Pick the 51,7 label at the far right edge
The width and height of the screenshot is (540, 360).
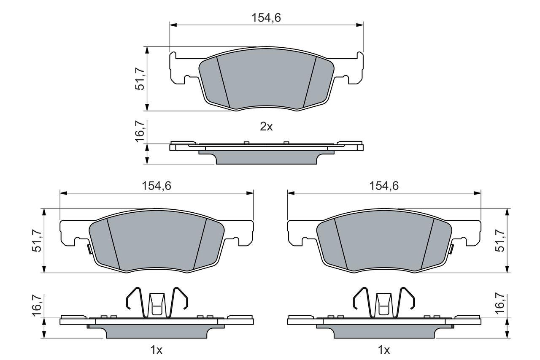tap(500, 241)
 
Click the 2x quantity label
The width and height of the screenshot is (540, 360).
tap(266, 127)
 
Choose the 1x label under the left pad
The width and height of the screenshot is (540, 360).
tap(157, 350)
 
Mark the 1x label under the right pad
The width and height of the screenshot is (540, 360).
tap(384, 350)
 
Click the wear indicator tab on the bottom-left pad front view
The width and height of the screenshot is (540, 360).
tap(89, 249)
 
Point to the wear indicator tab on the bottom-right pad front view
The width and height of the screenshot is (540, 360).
tap(451, 249)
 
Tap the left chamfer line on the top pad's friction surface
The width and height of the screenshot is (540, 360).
tap(223, 82)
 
